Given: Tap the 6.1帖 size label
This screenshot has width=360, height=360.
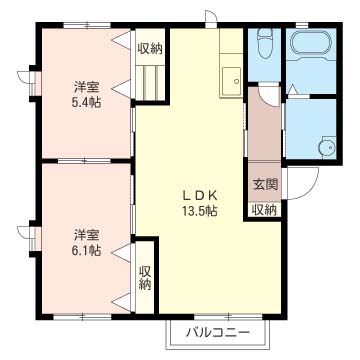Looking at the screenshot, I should [x=86, y=251].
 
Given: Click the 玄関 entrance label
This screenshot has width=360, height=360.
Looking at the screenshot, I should [x=264, y=185].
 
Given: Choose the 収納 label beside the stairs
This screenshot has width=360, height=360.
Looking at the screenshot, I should [x=150, y=48].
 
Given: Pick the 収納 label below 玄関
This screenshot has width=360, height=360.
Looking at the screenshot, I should [x=264, y=209].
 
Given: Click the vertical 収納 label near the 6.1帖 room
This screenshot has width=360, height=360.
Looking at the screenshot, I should [x=146, y=277].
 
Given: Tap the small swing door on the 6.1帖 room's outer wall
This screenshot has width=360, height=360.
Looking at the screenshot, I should [x=32, y=238].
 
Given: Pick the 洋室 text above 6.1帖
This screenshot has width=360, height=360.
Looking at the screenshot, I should [x=86, y=235].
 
